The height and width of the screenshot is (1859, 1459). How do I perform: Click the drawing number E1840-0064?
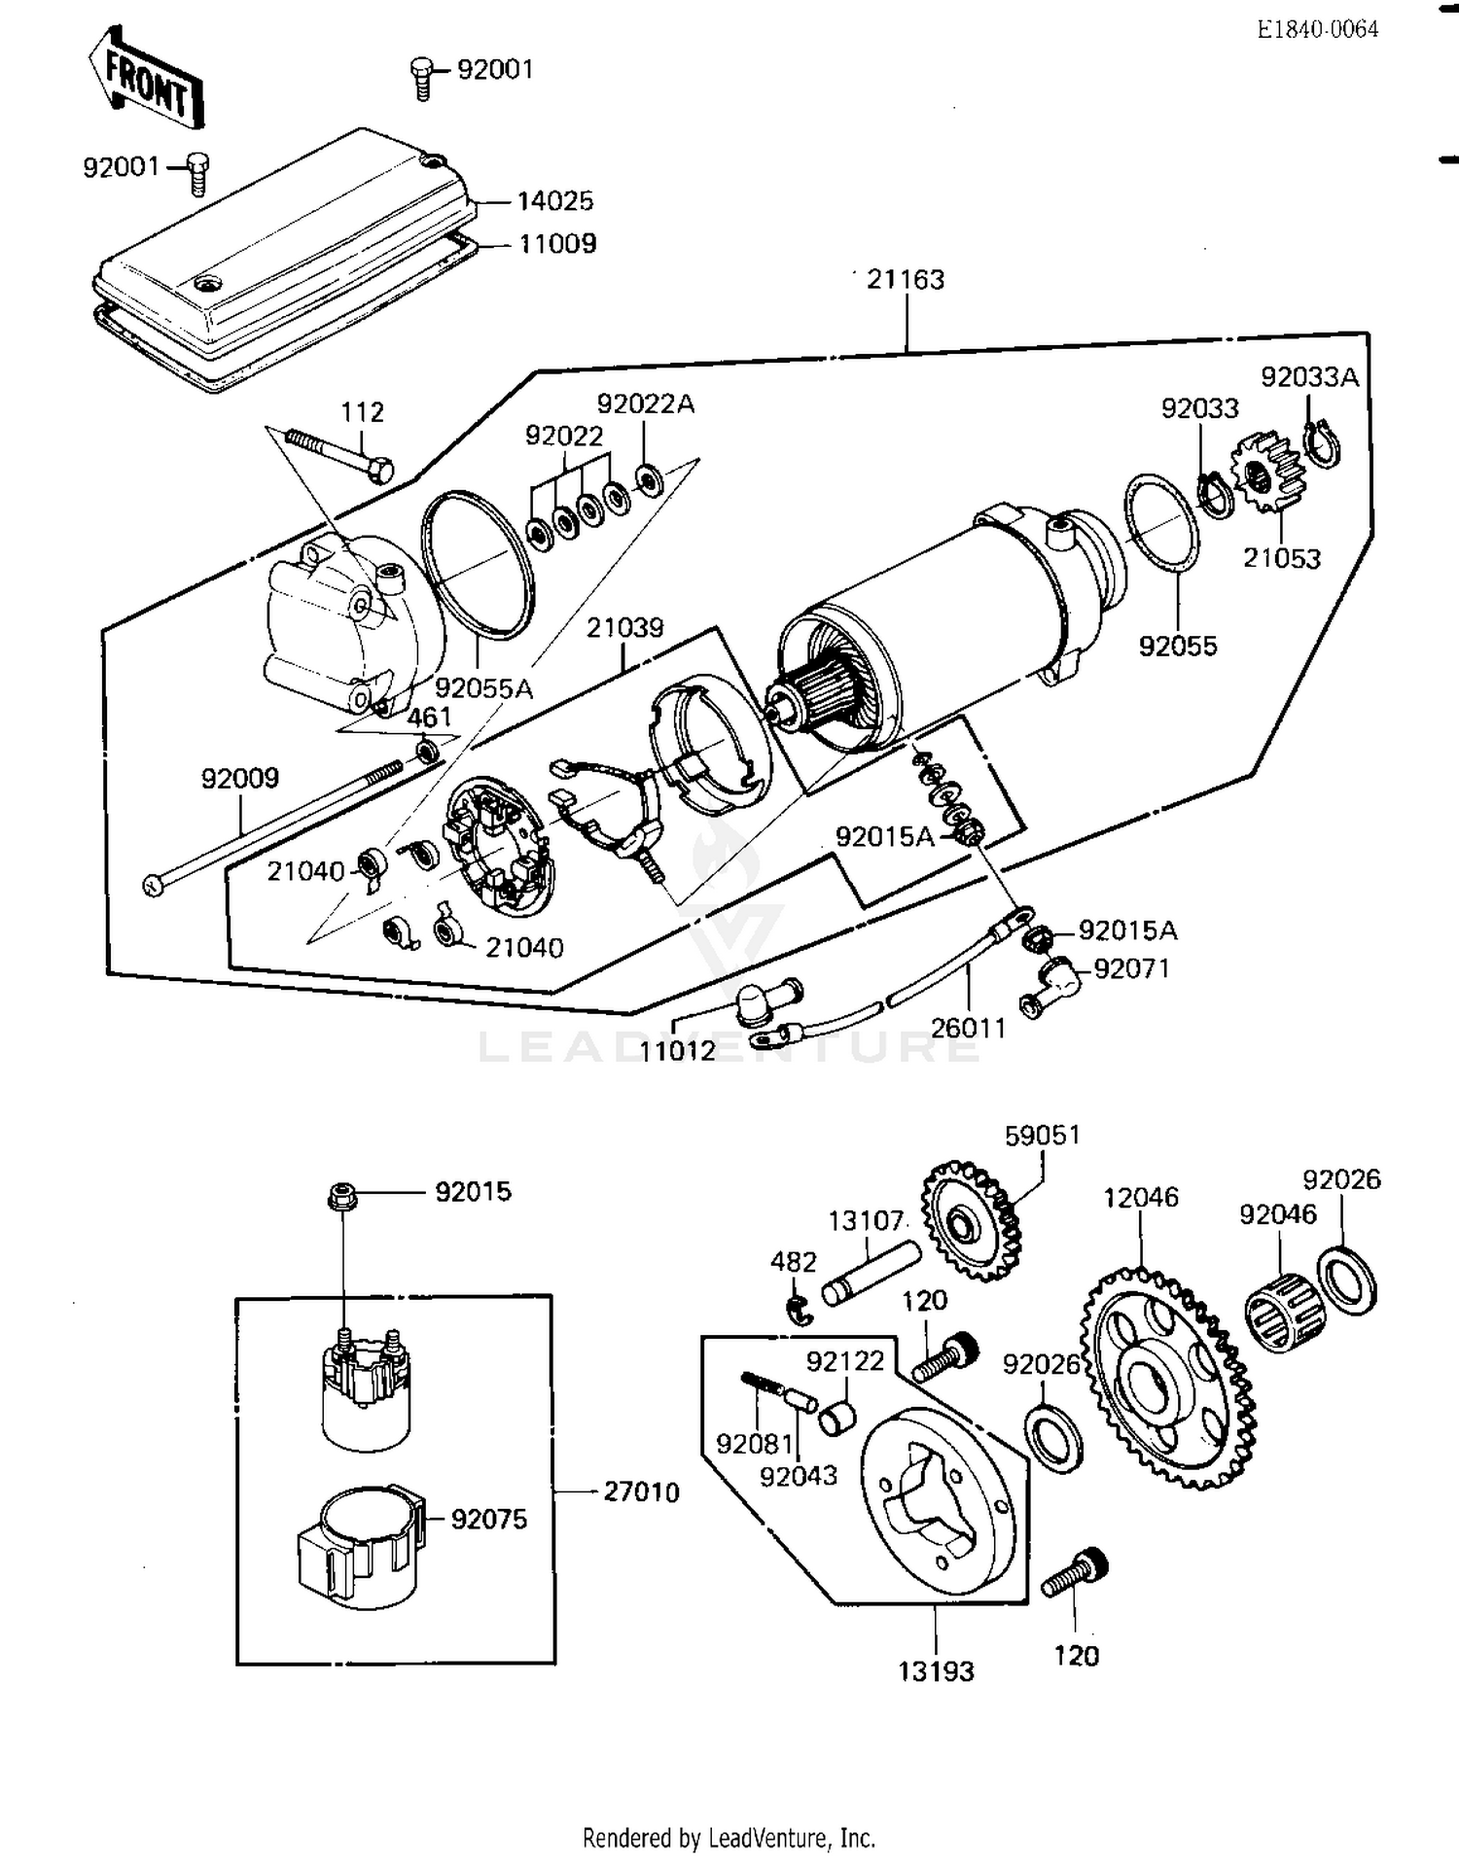(1317, 29)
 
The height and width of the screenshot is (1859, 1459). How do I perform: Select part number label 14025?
(554, 201)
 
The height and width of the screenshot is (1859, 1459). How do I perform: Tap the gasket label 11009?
(556, 244)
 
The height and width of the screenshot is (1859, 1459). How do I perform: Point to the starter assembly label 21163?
(905, 280)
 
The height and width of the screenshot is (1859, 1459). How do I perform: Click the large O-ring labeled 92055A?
(478, 565)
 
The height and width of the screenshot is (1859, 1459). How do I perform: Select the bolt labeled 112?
(340, 455)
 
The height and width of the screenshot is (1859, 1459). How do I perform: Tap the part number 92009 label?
(239, 778)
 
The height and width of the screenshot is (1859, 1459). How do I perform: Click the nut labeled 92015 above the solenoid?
(342, 1195)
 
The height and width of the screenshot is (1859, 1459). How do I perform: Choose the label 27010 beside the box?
(641, 1491)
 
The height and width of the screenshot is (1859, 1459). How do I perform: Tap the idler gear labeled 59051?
(970, 1221)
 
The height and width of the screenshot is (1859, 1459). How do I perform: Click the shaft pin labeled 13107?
(872, 1273)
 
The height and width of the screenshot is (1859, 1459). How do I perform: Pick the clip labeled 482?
(800, 1310)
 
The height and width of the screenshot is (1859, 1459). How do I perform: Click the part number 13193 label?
(936, 1671)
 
